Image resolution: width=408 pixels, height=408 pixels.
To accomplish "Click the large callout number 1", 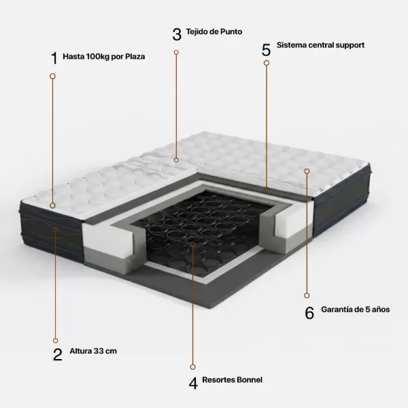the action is (x=54, y=58).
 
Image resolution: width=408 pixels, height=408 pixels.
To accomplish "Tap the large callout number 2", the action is (x=58, y=354).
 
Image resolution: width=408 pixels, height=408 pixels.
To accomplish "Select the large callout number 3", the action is (x=177, y=35).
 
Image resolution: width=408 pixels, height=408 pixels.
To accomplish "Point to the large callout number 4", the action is (x=193, y=384).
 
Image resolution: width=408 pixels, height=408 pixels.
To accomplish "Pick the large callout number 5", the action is (x=266, y=50).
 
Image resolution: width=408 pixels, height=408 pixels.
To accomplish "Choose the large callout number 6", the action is (x=309, y=313).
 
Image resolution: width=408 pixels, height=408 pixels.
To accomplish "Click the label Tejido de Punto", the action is (x=214, y=31).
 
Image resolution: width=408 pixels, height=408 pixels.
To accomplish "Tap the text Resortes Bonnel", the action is (x=233, y=379).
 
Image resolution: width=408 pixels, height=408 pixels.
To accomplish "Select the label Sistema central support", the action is (x=320, y=45).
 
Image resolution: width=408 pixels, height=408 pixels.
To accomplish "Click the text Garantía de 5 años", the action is (x=356, y=309).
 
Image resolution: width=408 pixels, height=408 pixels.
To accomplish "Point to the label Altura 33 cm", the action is (x=93, y=351).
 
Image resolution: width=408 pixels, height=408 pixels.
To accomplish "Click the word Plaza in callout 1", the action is (x=135, y=56).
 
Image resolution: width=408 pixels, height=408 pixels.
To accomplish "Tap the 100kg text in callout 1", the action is (x=97, y=56).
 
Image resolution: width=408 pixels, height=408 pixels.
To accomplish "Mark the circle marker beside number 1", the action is (x=52, y=76).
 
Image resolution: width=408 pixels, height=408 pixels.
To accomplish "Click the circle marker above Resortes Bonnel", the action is (x=193, y=367).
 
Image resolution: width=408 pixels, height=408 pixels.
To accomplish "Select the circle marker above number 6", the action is (x=307, y=296).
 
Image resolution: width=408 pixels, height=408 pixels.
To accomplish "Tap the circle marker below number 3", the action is (x=176, y=52).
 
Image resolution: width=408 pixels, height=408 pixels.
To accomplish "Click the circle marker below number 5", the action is (x=267, y=63).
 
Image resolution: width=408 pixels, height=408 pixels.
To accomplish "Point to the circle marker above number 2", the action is (x=56, y=341).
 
